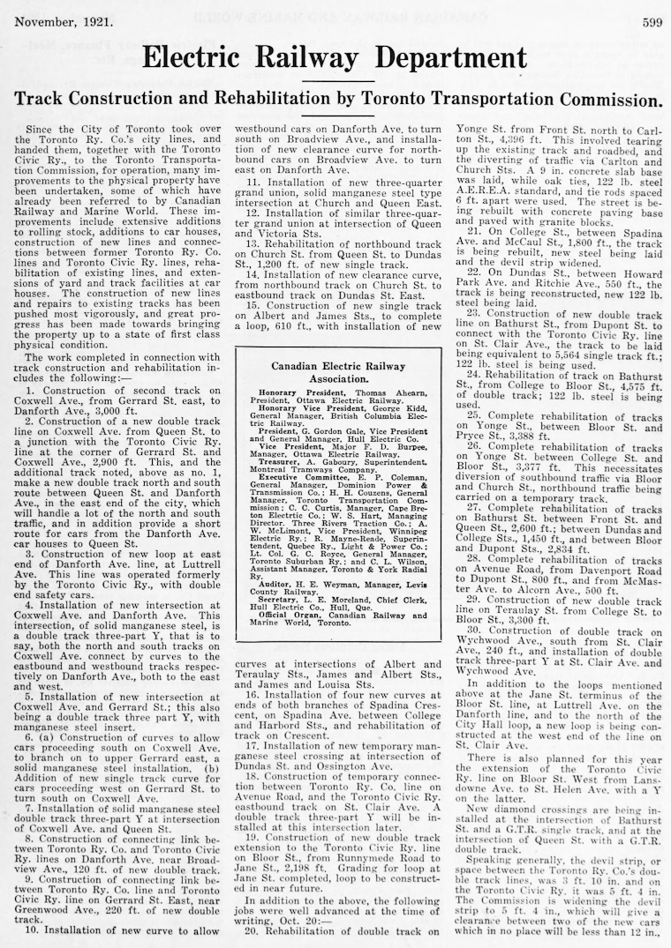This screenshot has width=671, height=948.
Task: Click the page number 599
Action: pos(652,22)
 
